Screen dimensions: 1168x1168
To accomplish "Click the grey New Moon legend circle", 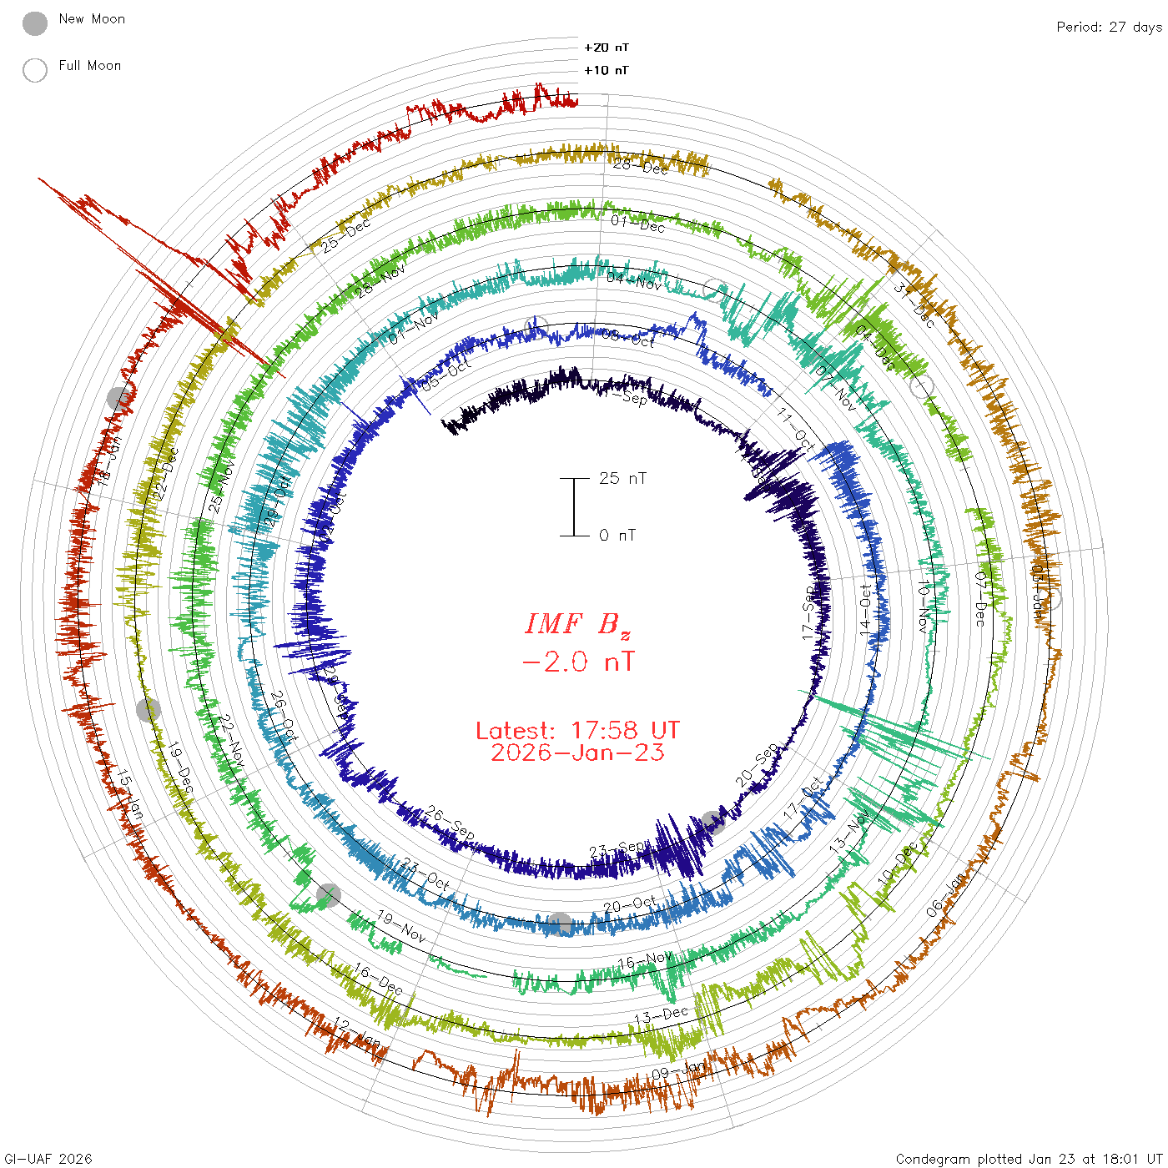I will click(x=35, y=23).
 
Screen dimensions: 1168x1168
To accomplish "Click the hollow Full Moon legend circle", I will click(x=35, y=70).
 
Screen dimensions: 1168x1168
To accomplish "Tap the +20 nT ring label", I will click(x=607, y=48).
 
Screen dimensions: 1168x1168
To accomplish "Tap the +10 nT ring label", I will click(x=607, y=70).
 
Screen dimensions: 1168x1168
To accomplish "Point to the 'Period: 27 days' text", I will click(x=1109, y=27).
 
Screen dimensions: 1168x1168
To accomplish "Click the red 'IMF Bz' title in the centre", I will click(x=577, y=624).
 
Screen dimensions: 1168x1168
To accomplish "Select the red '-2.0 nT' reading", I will click(x=577, y=662).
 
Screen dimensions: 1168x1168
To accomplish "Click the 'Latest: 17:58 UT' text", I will click(x=577, y=731).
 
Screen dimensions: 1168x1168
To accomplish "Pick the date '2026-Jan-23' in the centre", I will click(x=577, y=753).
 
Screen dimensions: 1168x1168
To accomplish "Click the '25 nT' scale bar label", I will click(x=622, y=478).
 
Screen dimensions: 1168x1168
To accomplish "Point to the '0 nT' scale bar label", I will click(x=617, y=535).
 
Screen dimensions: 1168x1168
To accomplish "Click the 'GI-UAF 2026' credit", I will click(x=48, y=1159).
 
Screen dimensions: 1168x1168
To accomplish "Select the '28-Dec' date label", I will click(x=641, y=167).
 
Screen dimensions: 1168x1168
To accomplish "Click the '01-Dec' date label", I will click(x=637, y=224).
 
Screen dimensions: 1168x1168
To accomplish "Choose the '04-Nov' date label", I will click(x=634, y=281).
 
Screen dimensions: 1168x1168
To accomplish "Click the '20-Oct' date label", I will click(x=630, y=904).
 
